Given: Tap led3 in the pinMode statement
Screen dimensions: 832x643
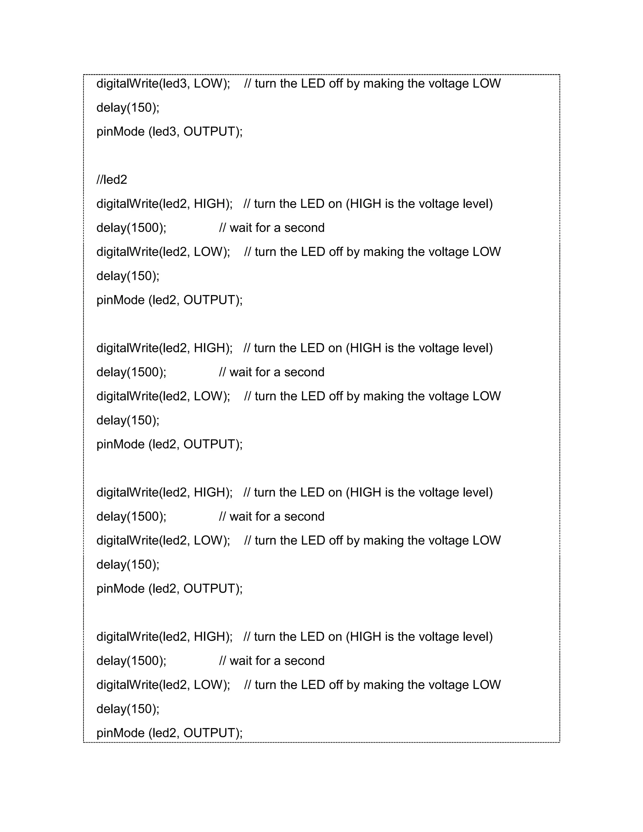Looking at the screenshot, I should tap(163, 132).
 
